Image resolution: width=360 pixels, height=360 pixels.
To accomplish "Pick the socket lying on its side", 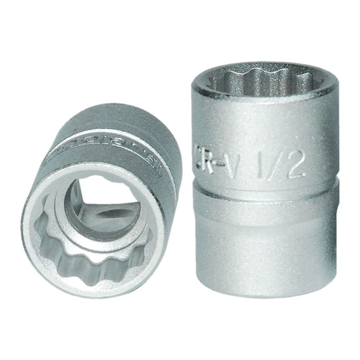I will coord(97,202).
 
